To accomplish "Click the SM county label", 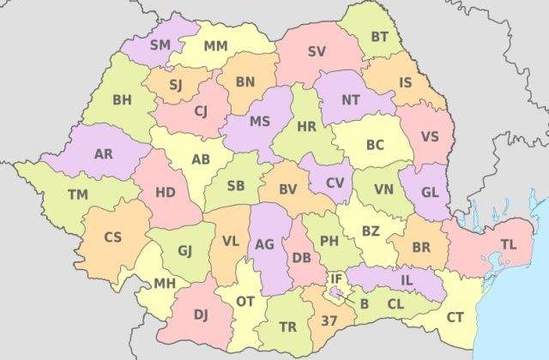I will click(x=160, y=44).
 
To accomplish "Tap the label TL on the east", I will click(x=509, y=244).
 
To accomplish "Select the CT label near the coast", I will click(x=455, y=317).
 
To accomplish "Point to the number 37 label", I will click(x=329, y=321).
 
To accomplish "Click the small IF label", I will click(x=336, y=279).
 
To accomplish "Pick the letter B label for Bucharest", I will click(x=364, y=302).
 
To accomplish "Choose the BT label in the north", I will click(x=380, y=37).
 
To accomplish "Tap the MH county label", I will click(x=166, y=284).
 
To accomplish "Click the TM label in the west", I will click(x=78, y=195).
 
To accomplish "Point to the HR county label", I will click(x=306, y=126).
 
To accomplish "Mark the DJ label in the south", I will click(x=201, y=315).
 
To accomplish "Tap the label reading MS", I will click(x=260, y=121).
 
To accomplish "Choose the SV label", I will click(x=317, y=51).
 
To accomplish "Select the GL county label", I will click(x=430, y=192).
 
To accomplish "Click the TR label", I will click(x=288, y=327).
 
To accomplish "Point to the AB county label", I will click(x=201, y=159).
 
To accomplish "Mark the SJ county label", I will click(x=175, y=84).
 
